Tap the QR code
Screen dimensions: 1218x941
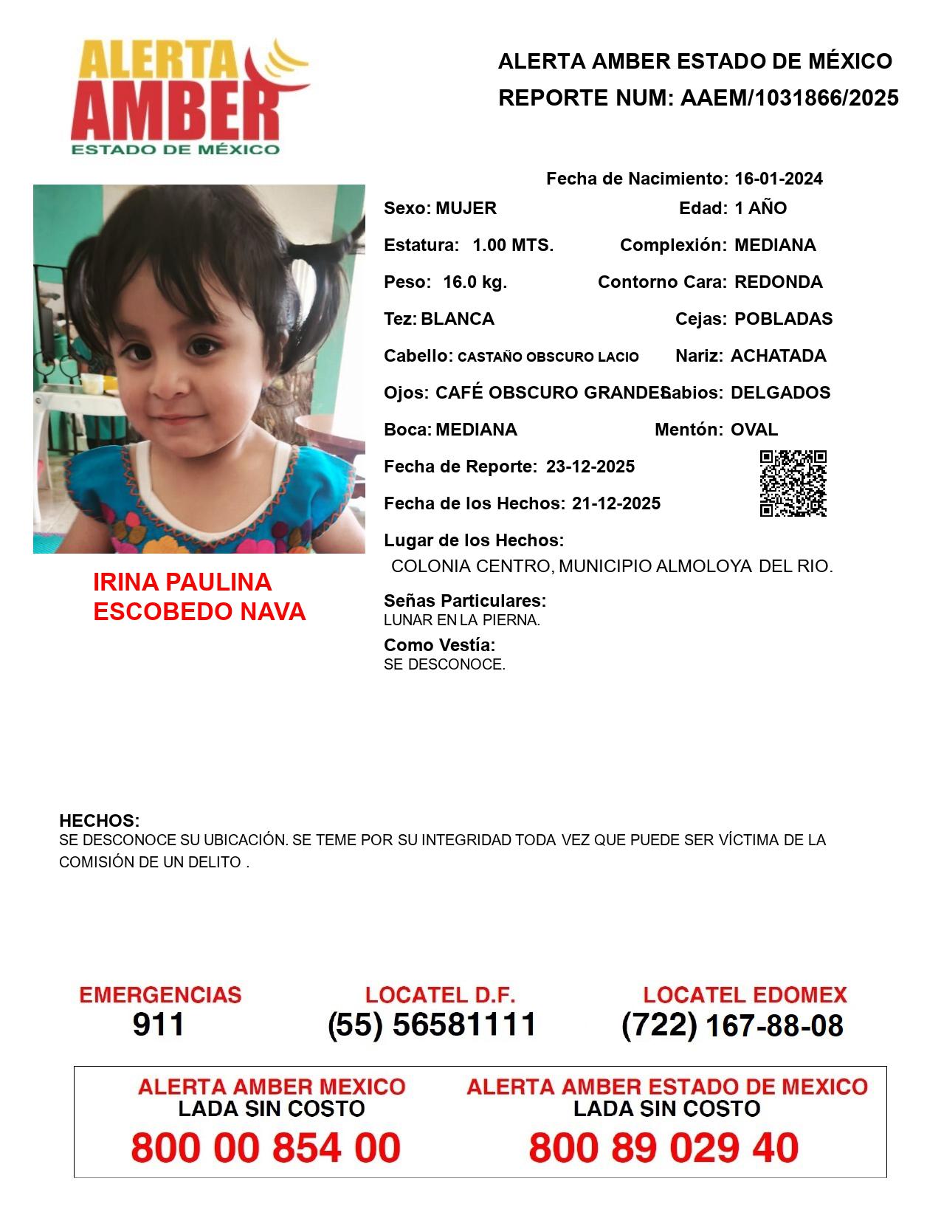point(793,484)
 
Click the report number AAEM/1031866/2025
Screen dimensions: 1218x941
point(789,97)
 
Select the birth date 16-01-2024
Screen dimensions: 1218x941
point(778,179)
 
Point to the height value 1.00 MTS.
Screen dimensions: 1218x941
point(513,245)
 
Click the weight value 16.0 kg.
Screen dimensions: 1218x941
point(475,282)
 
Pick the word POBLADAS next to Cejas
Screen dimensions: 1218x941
point(783,319)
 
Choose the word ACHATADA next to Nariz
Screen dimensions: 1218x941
point(778,356)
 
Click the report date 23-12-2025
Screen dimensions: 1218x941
point(590,467)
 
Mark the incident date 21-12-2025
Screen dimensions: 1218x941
point(616,503)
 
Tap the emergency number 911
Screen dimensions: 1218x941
point(158,1025)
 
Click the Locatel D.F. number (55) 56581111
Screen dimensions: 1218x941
point(432,1025)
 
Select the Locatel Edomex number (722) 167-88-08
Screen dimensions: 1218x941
point(732,1025)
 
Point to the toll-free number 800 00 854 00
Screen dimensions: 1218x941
point(266,1148)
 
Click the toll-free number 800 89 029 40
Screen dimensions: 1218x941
point(663,1148)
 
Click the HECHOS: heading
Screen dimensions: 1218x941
point(99,821)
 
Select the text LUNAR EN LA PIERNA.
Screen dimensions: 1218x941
point(462,621)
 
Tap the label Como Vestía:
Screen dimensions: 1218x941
point(439,645)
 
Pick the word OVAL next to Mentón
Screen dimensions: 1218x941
point(754,430)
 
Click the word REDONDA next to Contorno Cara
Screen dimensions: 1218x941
point(778,282)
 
